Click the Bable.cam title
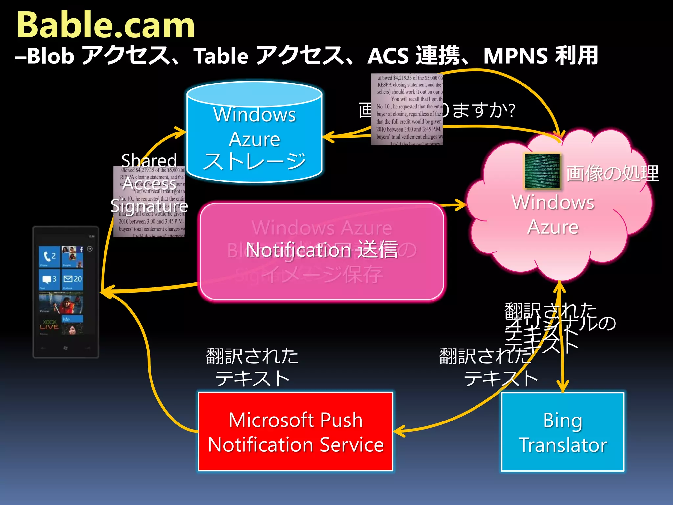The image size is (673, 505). (105, 26)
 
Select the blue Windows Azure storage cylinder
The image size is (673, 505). (254, 138)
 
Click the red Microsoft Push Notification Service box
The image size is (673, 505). (295, 432)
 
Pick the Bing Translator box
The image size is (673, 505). (562, 432)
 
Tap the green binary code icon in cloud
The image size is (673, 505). (542, 171)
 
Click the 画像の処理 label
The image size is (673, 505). (612, 173)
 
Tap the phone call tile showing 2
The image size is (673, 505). (49, 256)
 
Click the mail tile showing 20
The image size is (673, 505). (73, 279)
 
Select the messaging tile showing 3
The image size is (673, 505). (49, 279)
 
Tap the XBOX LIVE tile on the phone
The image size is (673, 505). (49, 325)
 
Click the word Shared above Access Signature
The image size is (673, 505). (149, 160)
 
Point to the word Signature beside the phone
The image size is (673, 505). (149, 206)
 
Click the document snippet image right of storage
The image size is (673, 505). (406, 109)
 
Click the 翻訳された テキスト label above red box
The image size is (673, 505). (252, 367)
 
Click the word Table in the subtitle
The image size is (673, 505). (220, 56)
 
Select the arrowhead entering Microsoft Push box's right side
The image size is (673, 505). (398, 431)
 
